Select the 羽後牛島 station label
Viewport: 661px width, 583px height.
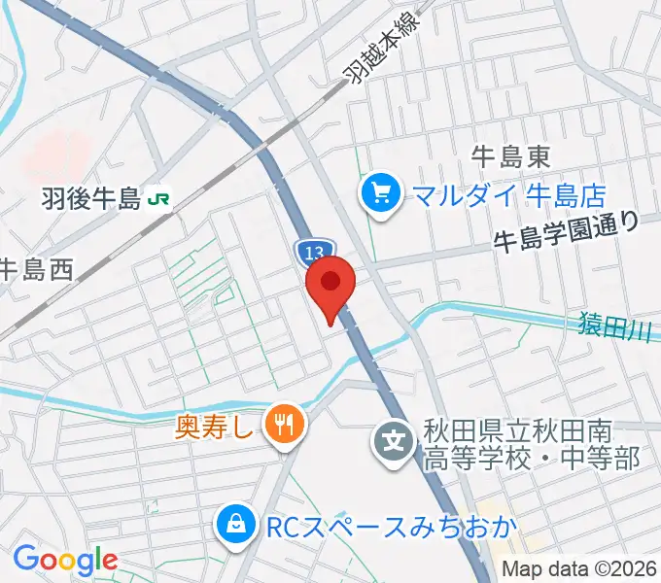click(91, 200)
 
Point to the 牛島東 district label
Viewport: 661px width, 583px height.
click(511, 154)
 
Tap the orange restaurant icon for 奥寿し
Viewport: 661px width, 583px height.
click(284, 424)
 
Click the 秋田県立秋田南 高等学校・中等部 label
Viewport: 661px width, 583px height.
click(531, 445)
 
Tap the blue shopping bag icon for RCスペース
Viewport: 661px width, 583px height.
click(235, 528)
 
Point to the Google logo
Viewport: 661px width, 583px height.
click(64, 560)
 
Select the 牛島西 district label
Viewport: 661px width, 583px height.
click(36, 268)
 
